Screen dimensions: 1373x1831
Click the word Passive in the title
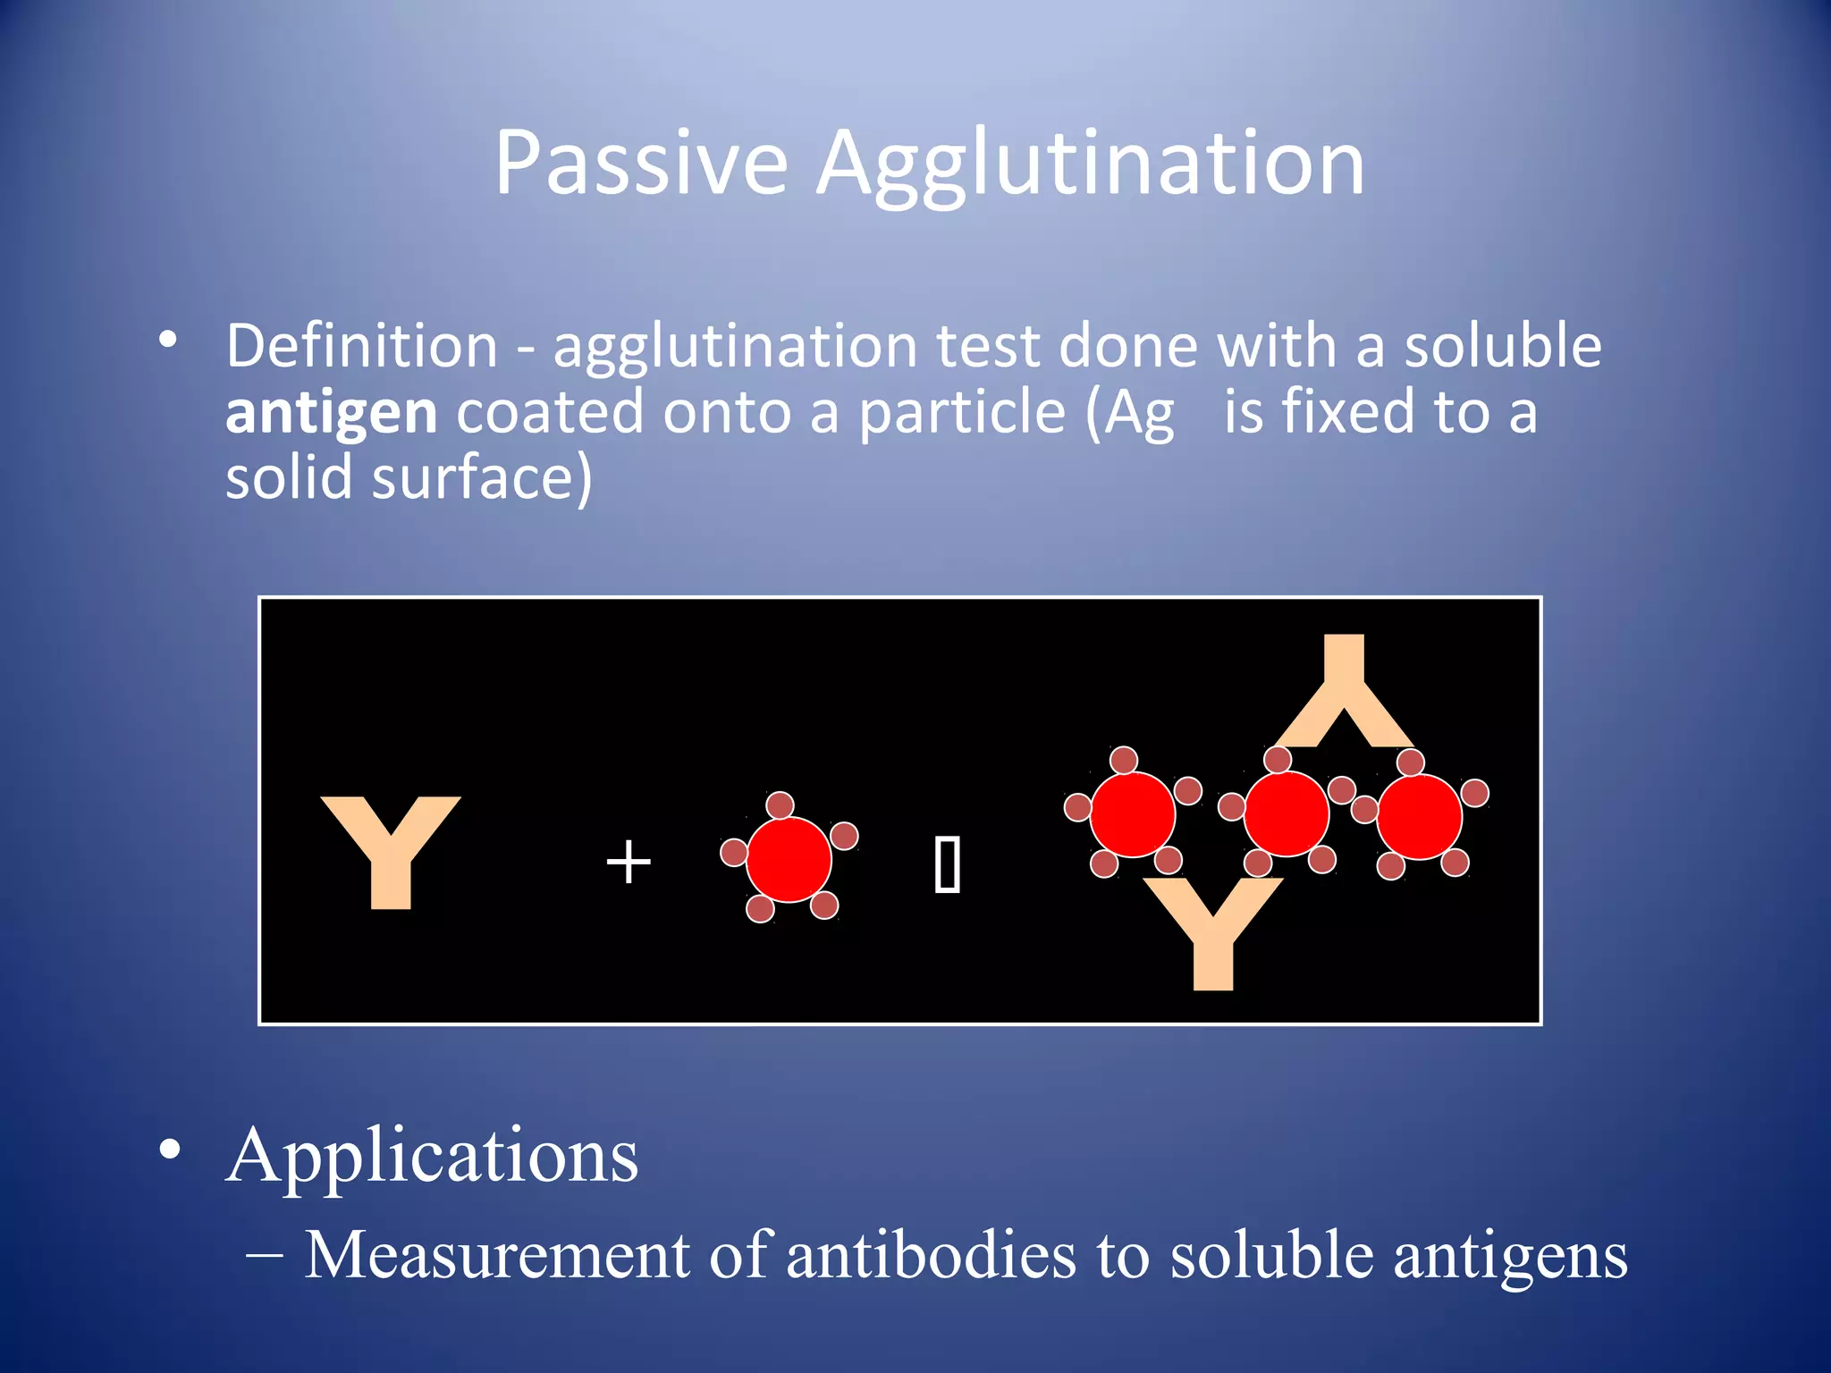pos(641,163)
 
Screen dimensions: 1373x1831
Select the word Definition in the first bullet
pos(361,346)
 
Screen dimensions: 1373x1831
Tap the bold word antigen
pos(331,412)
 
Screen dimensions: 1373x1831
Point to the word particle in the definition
pos(962,412)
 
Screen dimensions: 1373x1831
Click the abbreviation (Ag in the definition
pos(1129,414)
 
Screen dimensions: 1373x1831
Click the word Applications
pos(433,1155)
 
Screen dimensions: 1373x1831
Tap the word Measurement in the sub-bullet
pos(497,1255)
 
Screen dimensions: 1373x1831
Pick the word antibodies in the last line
pos(931,1255)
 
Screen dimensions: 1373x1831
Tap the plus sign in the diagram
pos(629,862)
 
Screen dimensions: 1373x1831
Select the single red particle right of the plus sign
pos(789,859)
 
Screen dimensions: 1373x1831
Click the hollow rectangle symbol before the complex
pos(947,864)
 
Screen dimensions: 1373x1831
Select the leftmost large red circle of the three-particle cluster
pos(1132,814)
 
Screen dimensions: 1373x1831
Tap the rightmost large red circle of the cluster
pos(1419,816)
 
